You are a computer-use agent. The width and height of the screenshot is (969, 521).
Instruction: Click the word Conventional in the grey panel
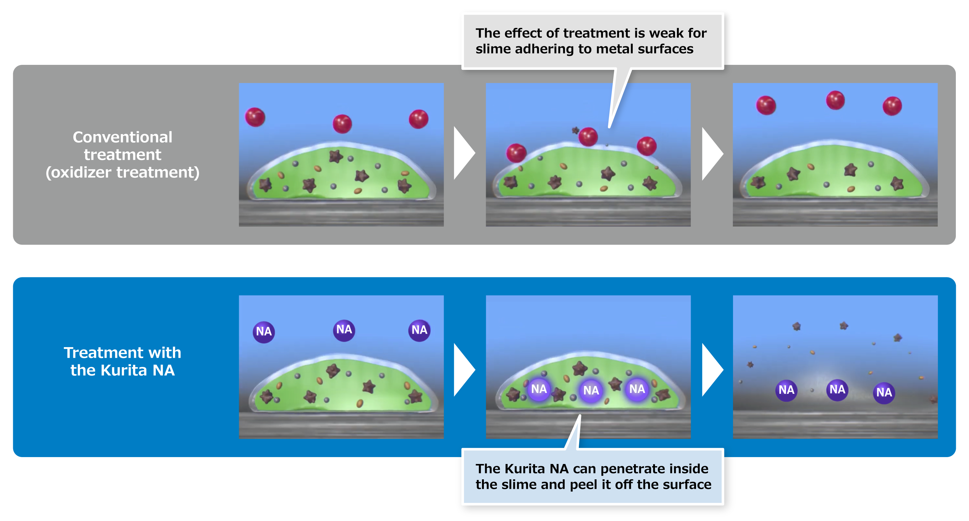point(122,137)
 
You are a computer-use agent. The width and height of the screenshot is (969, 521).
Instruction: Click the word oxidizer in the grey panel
point(81,173)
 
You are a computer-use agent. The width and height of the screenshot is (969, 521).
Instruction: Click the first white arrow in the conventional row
point(464,153)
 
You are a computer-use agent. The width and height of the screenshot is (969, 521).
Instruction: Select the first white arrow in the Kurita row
point(464,370)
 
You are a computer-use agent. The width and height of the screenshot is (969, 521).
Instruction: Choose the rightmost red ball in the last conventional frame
point(892,106)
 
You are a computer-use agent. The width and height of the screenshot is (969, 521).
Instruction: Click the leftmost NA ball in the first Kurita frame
point(264,332)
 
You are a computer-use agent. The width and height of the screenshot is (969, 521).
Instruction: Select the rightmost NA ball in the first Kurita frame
point(419,330)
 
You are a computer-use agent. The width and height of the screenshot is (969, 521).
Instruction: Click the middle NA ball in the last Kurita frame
point(837,390)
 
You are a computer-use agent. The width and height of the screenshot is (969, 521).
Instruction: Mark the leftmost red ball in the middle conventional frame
point(516,153)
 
